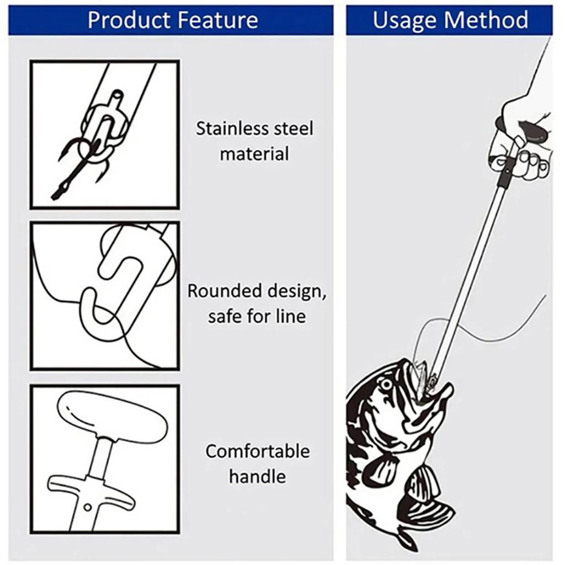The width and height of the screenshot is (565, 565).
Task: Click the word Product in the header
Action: [127, 20]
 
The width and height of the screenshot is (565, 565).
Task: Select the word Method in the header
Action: [487, 20]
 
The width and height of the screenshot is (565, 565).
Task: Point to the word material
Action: [254, 153]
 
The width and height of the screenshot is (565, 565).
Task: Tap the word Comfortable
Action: [258, 451]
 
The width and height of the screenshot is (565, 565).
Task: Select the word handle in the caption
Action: [258, 476]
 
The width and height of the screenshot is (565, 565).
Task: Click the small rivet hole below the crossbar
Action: [88, 507]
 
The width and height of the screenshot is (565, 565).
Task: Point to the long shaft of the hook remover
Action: [469, 276]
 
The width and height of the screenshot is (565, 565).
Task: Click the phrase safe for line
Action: [257, 317]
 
